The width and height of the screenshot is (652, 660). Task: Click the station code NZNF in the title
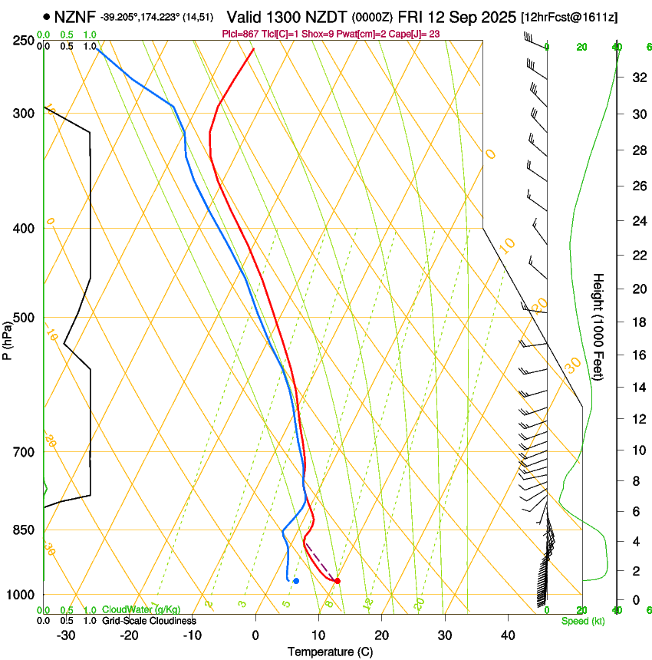76,16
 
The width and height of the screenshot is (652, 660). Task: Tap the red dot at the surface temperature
338,581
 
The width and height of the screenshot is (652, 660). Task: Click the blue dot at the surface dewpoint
296,581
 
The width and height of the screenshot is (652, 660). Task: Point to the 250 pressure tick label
25,40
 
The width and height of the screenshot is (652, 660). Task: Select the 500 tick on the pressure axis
25,318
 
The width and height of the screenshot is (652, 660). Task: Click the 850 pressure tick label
25,530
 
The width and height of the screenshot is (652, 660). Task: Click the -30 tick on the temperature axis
66,635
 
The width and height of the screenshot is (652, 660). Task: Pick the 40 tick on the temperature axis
508,635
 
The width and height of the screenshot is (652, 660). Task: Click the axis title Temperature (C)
330,652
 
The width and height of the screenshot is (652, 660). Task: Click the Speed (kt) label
583,621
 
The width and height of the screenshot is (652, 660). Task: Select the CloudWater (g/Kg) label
140,610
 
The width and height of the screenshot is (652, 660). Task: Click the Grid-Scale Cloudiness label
149,621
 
